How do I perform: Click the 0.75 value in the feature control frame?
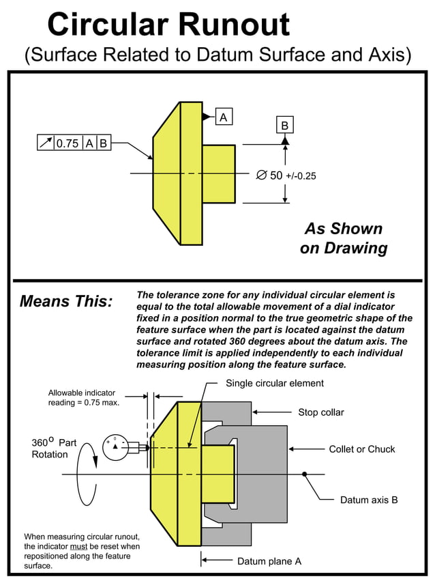coord(67,143)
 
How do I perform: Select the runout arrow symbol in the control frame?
coord(46,143)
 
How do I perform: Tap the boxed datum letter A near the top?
coord(223,117)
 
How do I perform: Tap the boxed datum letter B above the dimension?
coord(284,126)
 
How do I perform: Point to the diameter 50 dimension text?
coord(286,175)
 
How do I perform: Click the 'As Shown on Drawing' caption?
coord(344,238)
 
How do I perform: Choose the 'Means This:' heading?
coord(66,301)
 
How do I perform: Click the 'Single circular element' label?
coord(275,383)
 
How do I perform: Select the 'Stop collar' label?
coord(321,412)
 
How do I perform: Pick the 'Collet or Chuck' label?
coord(362,449)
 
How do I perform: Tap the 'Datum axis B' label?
coord(369,500)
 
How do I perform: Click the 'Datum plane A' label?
coord(269,561)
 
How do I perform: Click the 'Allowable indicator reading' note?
coord(84,397)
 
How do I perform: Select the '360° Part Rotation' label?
coord(50,449)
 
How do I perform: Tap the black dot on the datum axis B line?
coord(305,474)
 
